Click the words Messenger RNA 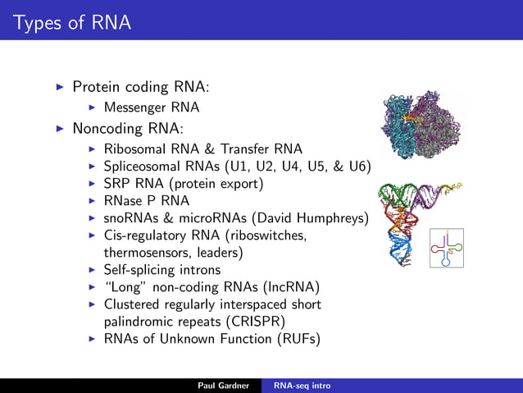[x=152, y=107]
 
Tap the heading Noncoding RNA [x=127, y=129]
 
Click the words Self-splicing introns [x=162, y=270]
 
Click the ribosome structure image [x=420, y=126]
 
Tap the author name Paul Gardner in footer [x=224, y=385]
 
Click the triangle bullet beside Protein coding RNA [x=58, y=86]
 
